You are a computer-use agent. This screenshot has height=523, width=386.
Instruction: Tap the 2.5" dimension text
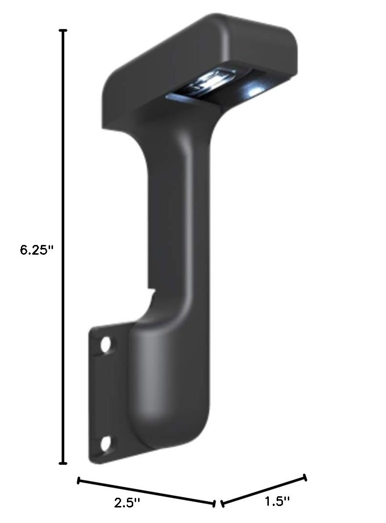pyautogui.click(x=128, y=503)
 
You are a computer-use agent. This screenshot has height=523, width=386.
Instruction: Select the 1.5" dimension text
pyautogui.click(x=277, y=501)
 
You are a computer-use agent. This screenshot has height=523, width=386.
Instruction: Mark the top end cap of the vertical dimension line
pyautogui.click(x=63, y=31)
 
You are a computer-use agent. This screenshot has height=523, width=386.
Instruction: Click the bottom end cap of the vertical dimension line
pyautogui.click(x=63, y=463)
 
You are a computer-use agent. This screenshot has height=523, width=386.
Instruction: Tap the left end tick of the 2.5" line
pyautogui.click(x=79, y=481)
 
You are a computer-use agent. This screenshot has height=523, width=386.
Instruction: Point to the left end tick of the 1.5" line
pyautogui.click(x=222, y=502)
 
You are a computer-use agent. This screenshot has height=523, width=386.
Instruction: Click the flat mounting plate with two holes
pyautogui.click(x=105, y=394)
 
